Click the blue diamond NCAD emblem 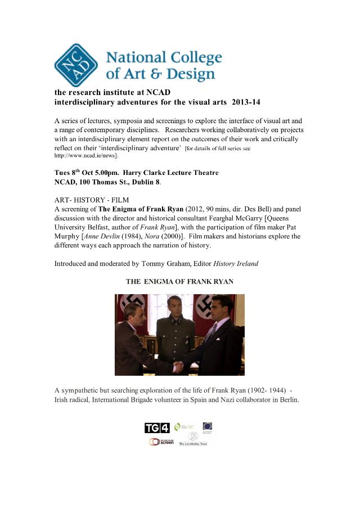[x=76, y=65]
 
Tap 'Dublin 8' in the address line [x=145, y=182]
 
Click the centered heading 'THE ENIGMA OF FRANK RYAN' [x=179, y=281]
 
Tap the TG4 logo [x=157, y=428]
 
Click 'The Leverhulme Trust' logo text [x=193, y=444]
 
